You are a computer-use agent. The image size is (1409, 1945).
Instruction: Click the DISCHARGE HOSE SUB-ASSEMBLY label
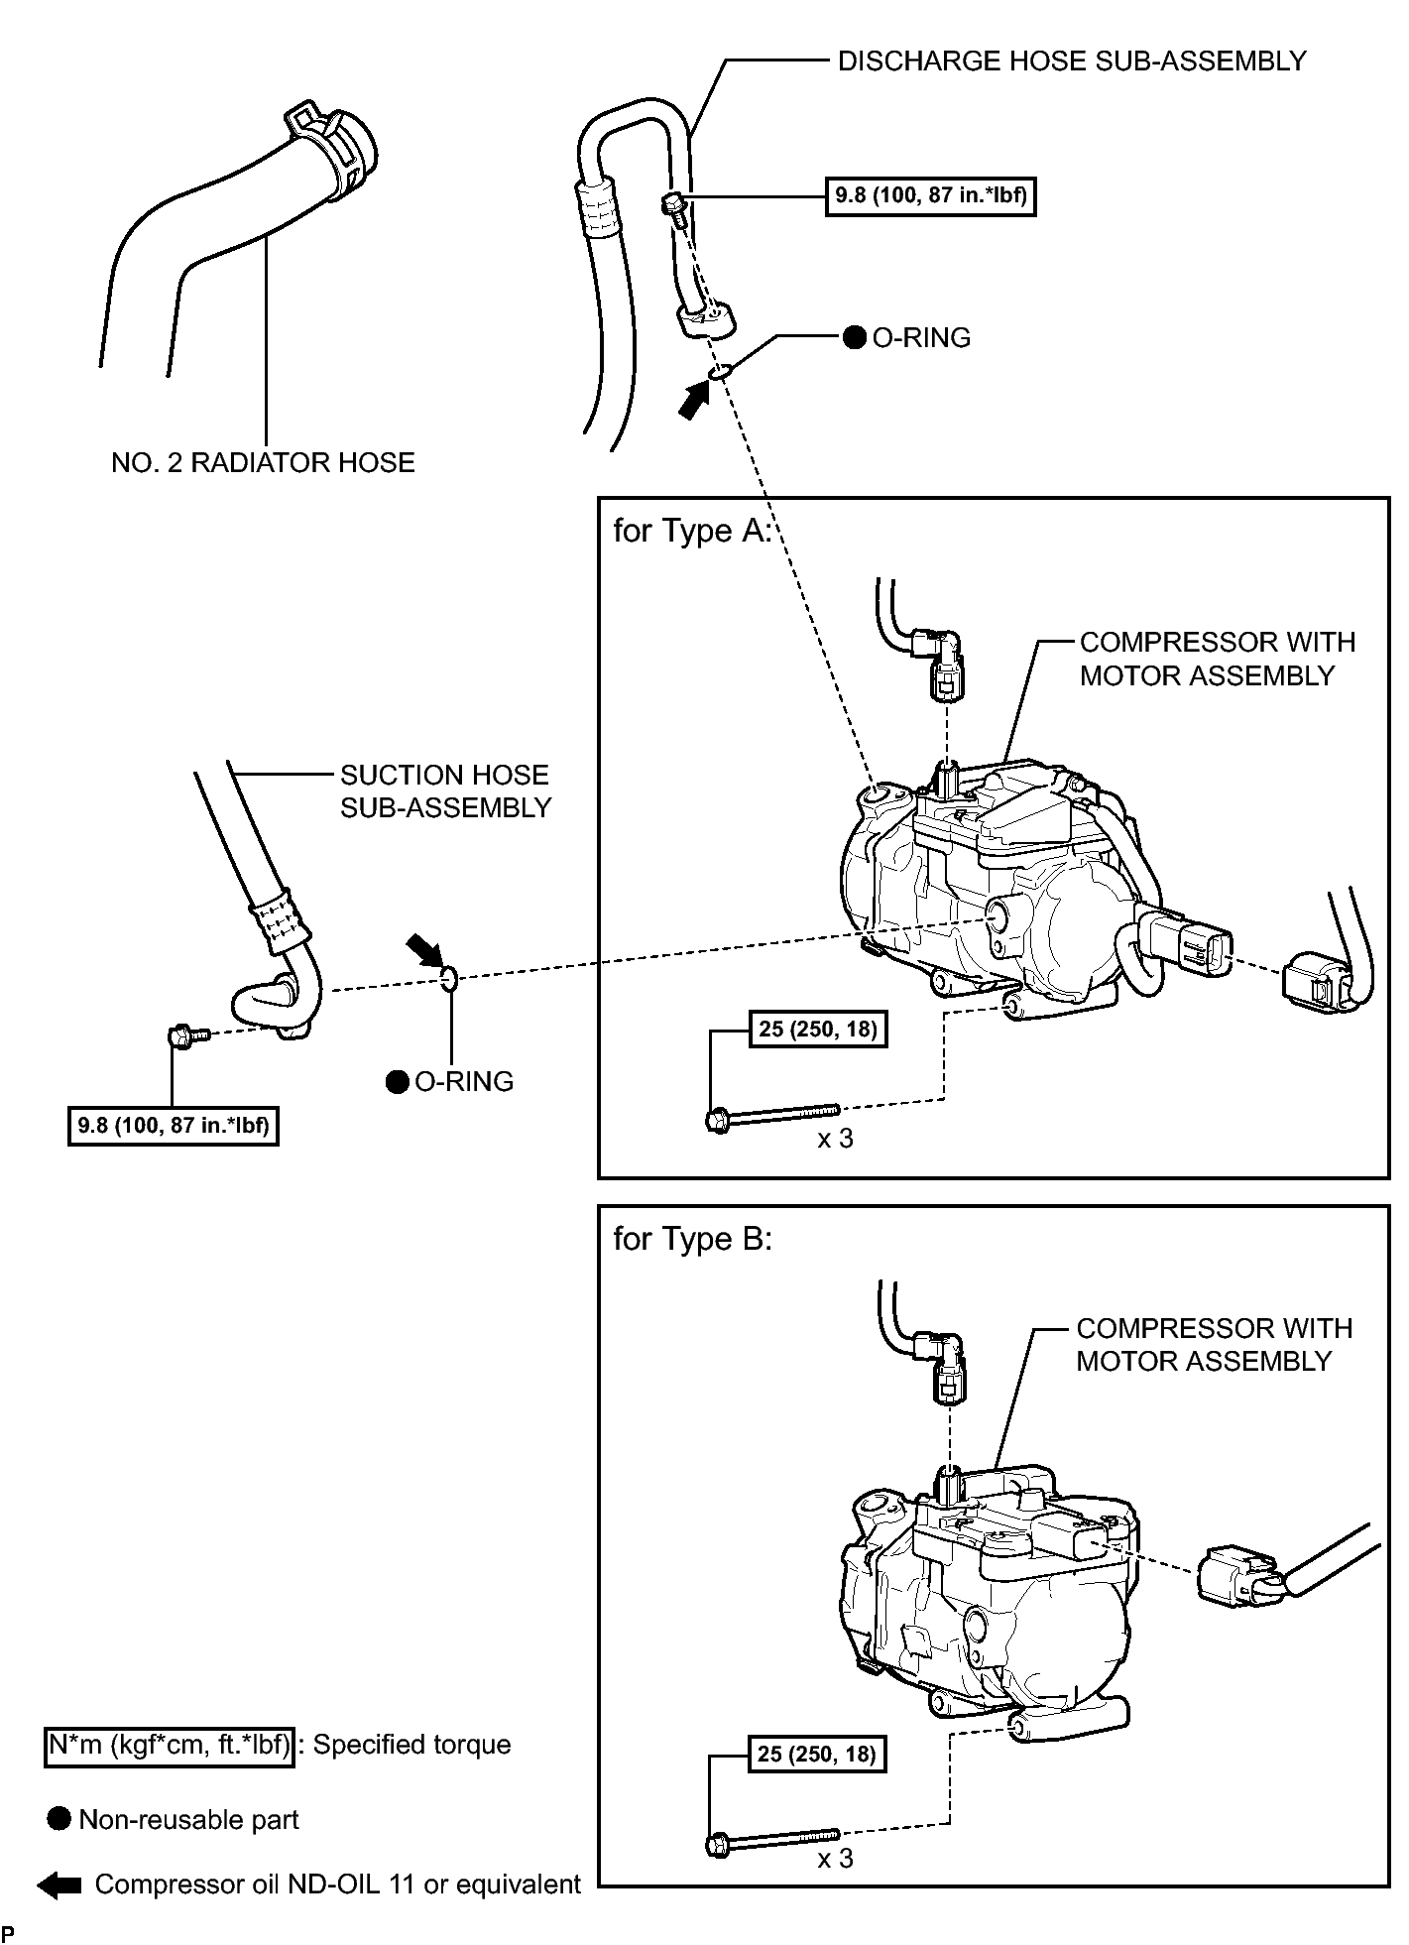(x=1072, y=61)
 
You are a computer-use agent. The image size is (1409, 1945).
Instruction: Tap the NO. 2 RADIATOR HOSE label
(x=263, y=463)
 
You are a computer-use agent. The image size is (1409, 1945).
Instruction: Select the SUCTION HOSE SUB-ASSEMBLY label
(x=444, y=790)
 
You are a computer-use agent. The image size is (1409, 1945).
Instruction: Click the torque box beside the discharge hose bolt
(x=930, y=195)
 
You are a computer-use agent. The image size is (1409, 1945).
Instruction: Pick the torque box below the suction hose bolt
(x=173, y=1126)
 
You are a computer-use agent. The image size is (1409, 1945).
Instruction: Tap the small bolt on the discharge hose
(x=671, y=206)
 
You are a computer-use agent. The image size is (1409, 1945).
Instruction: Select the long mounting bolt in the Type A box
(x=773, y=1116)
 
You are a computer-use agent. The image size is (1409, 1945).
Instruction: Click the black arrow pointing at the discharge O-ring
(x=695, y=401)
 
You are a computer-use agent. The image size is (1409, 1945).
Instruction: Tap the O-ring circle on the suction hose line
(x=448, y=979)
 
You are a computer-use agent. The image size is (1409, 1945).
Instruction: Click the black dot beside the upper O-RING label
(x=854, y=338)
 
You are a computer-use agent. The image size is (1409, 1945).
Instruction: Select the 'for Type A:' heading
(x=691, y=531)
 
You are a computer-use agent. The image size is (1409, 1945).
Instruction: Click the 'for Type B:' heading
(x=691, y=1239)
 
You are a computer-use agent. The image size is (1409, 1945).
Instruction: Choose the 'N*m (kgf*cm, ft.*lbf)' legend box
(x=169, y=1745)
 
